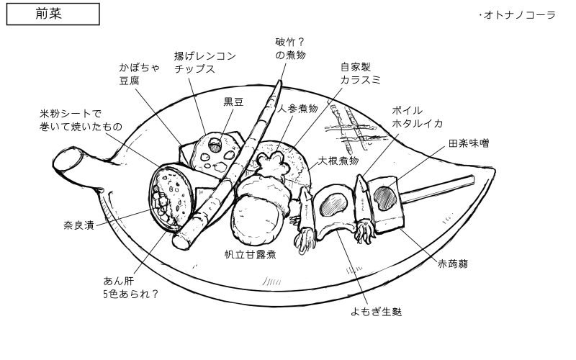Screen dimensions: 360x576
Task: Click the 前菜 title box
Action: [52, 14]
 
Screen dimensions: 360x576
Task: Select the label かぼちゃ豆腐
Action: [140, 75]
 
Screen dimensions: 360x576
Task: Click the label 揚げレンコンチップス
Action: [204, 62]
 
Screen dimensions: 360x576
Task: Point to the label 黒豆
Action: [233, 102]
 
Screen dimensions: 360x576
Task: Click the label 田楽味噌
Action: [468, 144]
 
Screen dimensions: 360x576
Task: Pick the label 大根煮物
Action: [338, 160]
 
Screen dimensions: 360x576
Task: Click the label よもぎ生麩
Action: [376, 312]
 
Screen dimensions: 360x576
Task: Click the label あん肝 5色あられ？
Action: [130, 287]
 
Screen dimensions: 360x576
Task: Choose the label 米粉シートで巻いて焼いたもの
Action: [81, 120]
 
